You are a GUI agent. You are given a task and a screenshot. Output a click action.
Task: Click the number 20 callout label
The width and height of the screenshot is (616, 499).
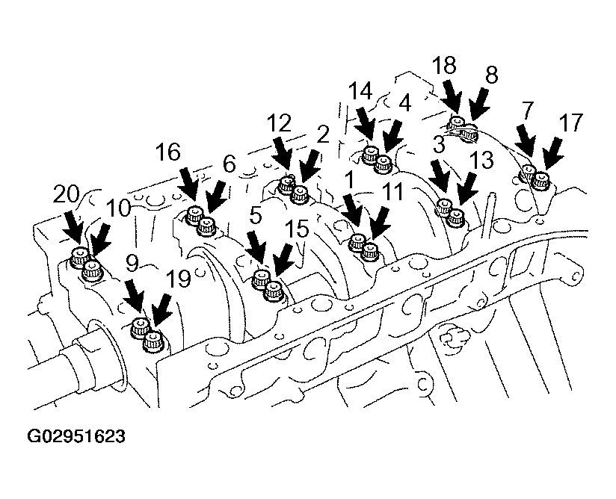(66, 194)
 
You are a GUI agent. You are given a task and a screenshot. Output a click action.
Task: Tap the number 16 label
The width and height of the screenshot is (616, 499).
(167, 152)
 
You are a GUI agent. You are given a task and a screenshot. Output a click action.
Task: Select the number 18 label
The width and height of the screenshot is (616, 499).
(444, 65)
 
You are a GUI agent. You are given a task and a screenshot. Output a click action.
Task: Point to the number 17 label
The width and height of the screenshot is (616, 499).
(570, 123)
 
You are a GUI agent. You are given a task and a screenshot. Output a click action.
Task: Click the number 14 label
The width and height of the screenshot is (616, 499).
(360, 92)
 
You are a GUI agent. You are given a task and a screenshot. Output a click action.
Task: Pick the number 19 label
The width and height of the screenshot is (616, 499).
(178, 279)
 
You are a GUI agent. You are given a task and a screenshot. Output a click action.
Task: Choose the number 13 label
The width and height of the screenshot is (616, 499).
(481, 160)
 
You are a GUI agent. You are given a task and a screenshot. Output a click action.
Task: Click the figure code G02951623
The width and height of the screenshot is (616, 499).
(76, 436)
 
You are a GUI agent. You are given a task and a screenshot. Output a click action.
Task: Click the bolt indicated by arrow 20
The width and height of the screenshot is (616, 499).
(78, 257)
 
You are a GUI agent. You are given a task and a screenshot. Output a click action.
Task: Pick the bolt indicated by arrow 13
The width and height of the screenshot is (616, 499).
(456, 217)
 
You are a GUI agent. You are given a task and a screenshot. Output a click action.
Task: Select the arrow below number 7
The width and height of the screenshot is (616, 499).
(526, 142)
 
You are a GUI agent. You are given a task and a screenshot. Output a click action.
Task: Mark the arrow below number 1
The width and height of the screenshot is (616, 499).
(352, 213)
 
